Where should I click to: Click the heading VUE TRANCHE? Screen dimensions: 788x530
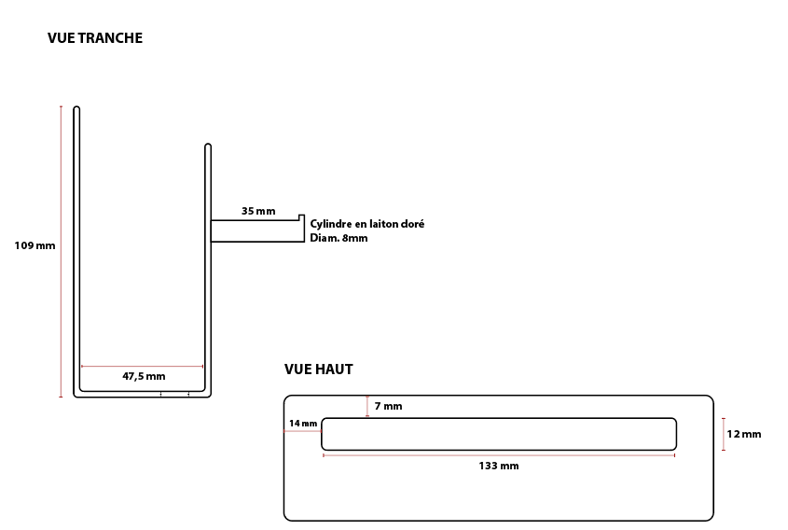pyautogui.click(x=95, y=38)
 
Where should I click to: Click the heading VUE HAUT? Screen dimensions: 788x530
pyautogui.click(x=319, y=370)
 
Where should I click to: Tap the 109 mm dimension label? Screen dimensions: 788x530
pyautogui.click(x=35, y=246)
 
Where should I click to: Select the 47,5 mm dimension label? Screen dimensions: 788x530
pyautogui.click(x=144, y=376)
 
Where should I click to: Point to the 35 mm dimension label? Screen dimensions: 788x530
pyautogui.click(x=258, y=211)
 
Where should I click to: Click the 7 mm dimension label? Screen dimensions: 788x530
pyautogui.click(x=389, y=406)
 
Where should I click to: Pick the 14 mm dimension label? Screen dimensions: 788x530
pyautogui.click(x=303, y=424)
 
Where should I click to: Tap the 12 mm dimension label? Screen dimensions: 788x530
pyautogui.click(x=744, y=434)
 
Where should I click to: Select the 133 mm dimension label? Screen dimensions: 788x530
pyautogui.click(x=499, y=467)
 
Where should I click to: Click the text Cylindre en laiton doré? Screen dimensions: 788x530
pyautogui.click(x=366, y=224)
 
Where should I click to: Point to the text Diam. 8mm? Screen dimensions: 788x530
pyautogui.click(x=339, y=238)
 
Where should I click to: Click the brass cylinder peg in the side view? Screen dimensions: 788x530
pyautogui.click(x=257, y=230)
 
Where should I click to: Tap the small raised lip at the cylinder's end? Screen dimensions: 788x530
pyautogui.click(x=301, y=217)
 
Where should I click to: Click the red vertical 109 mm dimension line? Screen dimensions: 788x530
pyautogui.click(x=62, y=251)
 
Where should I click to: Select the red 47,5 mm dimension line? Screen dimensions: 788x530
pyautogui.click(x=143, y=367)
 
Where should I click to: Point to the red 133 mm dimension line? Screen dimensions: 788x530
pyautogui.click(x=499, y=455)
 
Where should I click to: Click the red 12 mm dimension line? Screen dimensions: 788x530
pyautogui.click(x=724, y=434)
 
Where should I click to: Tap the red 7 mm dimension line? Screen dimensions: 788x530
pyautogui.click(x=367, y=406)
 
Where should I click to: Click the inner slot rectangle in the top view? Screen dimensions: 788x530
pyautogui.click(x=499, y=418)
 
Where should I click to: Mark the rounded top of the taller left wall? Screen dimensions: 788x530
pyautogui.click(x=76, y=107)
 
